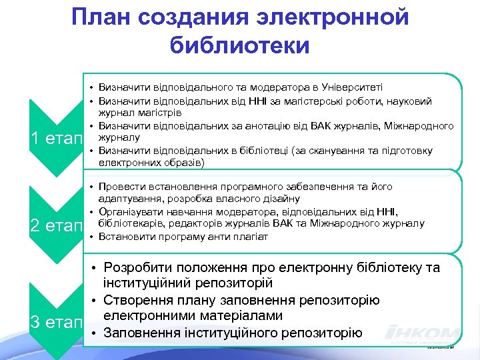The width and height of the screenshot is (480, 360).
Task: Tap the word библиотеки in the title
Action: click(240, 45)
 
